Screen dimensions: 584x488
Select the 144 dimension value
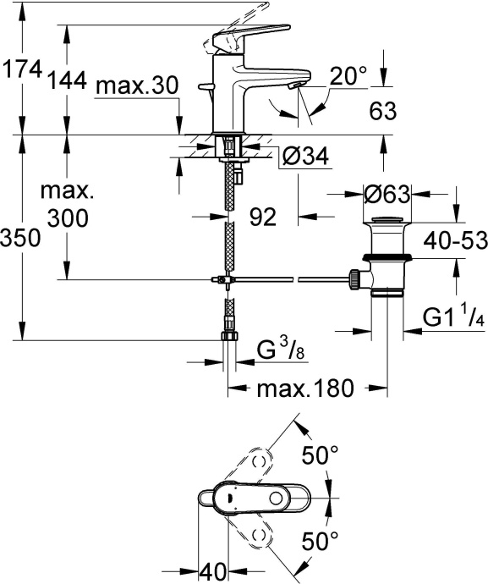pyautogui.click(x=68, y=81)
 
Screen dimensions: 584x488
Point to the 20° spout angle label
pyautogui.click(x=349, y=77)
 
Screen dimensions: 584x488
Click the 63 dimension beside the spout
pyautogui.click(x=384, y=110)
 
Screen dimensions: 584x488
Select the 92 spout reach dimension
pyautogui.click(x=264, y=218)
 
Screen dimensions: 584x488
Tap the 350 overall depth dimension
pyautogui.click(x=21, y=239)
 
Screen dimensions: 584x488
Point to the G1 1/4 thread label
pyautogui.click(x=452, y=320)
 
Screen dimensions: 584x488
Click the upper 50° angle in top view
pyautogui.click(x=321, y=455)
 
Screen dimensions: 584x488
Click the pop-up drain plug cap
pyautogui.click(x=387, y=224)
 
